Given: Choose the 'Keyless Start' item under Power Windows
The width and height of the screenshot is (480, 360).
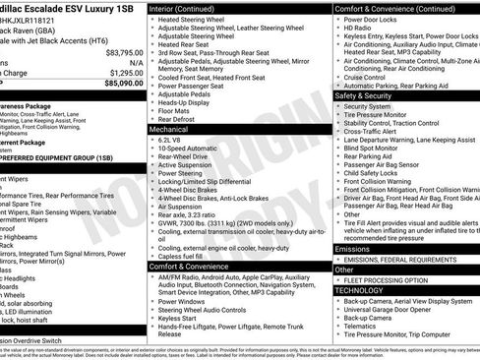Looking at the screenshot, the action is tap(180, 319).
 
